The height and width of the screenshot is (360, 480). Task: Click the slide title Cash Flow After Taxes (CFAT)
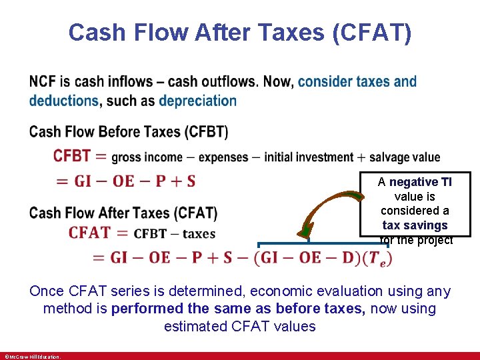pos(239,32)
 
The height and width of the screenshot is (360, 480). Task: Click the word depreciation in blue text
pos(197,101)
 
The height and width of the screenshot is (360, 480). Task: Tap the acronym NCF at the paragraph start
pos(43,82)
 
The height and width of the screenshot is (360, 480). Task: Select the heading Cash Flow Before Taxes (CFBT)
pos(128,132)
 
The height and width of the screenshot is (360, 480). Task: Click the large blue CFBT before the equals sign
pos(72,156)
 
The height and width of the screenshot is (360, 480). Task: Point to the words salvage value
pos(405,157)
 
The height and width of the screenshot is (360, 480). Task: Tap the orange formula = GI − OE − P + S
pos(125,181)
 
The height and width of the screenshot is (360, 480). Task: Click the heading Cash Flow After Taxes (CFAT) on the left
pos(123,213)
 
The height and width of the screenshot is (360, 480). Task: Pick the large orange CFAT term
pos(89,233)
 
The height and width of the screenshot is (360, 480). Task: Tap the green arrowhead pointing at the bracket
pos(305,231)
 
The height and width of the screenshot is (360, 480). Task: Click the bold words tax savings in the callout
pos(415,225)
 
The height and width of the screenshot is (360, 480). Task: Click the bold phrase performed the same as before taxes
pos(239,309)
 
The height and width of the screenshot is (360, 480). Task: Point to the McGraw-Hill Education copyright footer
pos(32,357)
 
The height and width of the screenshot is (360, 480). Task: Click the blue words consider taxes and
pos(357,82)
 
